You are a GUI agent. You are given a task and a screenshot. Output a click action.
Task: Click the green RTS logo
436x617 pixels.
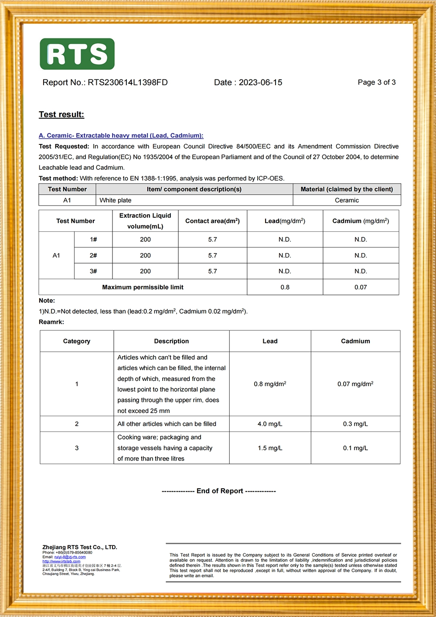point(77,54)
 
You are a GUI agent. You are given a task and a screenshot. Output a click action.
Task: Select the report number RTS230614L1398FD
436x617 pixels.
point(127,82)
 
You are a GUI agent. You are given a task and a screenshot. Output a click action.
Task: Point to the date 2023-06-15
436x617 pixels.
point(260,82)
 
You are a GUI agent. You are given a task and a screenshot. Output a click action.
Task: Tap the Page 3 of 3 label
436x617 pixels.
point(376,82)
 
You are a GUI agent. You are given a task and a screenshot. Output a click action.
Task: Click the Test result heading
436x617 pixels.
point(61,114)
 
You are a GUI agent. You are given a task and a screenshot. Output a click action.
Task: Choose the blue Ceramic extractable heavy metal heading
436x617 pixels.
point(121,136)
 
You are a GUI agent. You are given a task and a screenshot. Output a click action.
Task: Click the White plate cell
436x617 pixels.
point(116,200)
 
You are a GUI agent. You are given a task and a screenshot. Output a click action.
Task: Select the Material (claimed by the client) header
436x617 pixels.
point(347,189)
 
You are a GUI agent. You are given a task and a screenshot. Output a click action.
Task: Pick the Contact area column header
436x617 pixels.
point(212,221)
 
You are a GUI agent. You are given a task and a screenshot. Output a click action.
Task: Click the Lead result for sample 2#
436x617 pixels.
point(285,256)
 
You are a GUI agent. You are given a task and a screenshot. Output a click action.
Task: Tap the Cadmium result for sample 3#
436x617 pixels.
point(361,271)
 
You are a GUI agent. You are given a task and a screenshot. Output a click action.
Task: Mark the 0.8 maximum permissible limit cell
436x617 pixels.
point(285,287)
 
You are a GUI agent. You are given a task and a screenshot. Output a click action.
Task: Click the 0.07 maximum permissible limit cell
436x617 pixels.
point(361,287)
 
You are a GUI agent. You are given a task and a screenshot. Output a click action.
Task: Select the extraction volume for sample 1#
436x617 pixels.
point(145,240)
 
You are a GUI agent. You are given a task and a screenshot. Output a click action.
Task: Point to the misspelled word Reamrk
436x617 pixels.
point(51,322)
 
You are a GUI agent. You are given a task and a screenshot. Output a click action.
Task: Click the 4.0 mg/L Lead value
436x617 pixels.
point(270,424)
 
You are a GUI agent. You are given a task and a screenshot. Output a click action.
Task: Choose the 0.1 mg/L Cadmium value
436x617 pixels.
point(355,448)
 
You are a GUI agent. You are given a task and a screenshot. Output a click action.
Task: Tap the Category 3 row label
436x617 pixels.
point(77,448)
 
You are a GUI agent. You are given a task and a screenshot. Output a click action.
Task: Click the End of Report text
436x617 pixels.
point(219,491)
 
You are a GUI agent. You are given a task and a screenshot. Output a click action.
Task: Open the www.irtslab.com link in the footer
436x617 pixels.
point(61,562)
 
